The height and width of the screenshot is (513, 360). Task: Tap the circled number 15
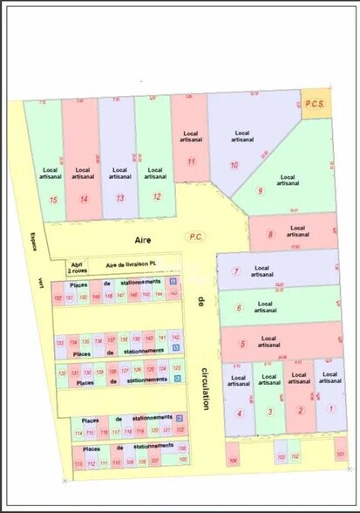click(x=54, y=199)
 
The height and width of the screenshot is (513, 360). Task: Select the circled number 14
click(x=84, y=199)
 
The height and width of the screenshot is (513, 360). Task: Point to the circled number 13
click(x=120, y=198)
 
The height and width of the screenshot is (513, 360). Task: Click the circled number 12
click(x=157, y=197)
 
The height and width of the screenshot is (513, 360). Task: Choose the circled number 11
click(x=190, y=161)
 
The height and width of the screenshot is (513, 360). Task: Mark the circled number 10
click(x=234, y=165)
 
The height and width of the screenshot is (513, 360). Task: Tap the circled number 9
click(x=259, y=191)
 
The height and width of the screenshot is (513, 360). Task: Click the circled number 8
click(x=271, y=234)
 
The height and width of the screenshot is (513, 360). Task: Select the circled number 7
click(x=235, y=271)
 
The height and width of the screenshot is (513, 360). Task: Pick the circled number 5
click(x=242, y=344)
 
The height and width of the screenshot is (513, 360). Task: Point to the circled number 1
click(x=330, y=408)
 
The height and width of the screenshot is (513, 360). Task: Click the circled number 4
click(x=239, y=413)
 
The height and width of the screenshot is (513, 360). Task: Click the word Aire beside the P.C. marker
click(x=143, y=237)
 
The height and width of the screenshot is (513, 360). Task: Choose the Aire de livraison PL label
click(x=131, y=263)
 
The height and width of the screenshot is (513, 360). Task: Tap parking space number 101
click(x=340, y=455)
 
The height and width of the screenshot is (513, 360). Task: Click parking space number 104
click(x=232, y=459)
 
